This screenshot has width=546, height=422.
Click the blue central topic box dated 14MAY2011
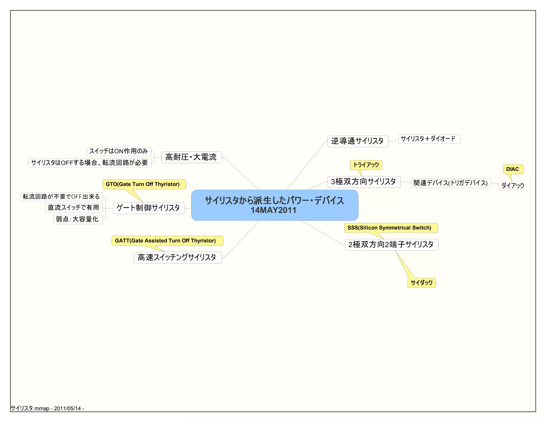(275, 205)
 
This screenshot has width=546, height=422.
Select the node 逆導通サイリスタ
(358, 141)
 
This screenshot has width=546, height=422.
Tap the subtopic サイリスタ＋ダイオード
(429, 139)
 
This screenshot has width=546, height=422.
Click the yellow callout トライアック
(366, 165)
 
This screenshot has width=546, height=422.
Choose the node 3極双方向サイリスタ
(364, 182)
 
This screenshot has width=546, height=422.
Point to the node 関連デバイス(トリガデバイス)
(451, 183)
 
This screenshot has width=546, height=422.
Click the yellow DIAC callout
(513, 169)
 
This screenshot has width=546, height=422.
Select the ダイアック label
(513, 185)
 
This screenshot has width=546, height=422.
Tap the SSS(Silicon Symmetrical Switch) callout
(390, 228)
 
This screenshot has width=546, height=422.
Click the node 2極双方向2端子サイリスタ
(391, 244)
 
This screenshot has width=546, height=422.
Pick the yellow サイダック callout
(421, 283)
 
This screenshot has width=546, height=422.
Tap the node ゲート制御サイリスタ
(149, 208)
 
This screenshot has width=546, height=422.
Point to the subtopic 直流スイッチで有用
(74, 208)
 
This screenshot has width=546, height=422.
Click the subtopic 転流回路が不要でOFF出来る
(61, 197)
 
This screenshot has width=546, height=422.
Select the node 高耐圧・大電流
(191, 157)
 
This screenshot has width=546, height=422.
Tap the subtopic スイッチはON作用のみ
(119, 151)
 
